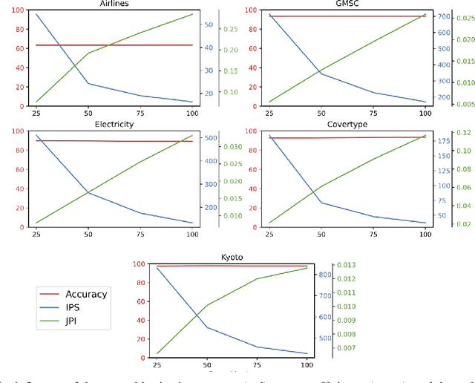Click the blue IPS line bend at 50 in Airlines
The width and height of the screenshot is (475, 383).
(x=88, y=83)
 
